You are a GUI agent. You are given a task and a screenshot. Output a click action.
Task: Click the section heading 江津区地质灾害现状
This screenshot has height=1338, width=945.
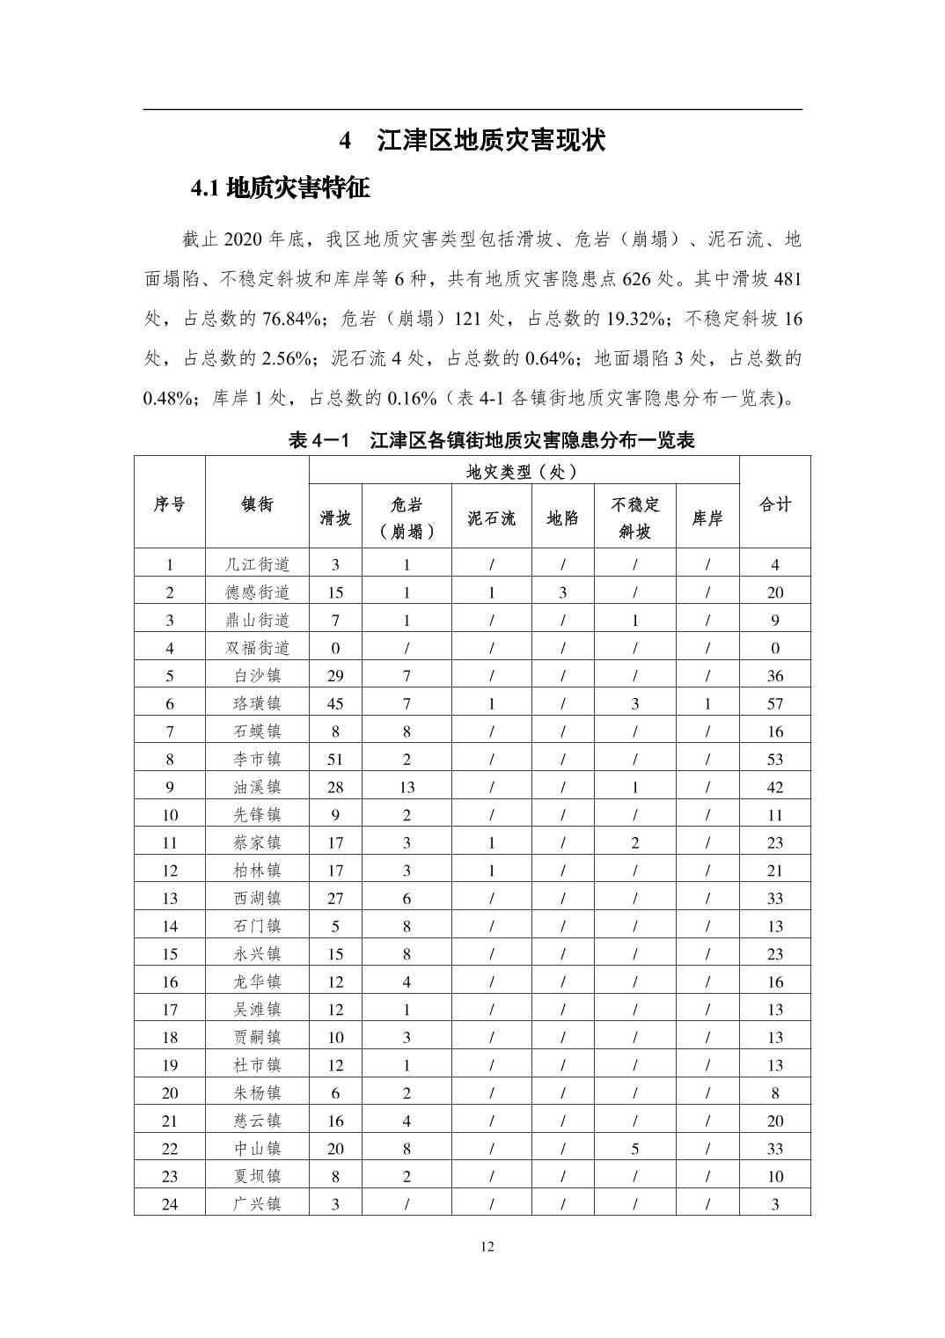(491, 141)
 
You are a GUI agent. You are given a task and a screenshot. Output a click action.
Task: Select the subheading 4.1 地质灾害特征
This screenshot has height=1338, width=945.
(280, 187)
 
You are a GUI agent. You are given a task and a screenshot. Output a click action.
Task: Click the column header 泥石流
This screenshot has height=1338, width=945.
(491, 518)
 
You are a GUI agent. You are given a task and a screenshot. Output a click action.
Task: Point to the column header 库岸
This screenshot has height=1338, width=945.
(707, 518)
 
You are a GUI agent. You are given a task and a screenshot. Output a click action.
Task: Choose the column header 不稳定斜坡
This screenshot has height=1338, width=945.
(634, 518)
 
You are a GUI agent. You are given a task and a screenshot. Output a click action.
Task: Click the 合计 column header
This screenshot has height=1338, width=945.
(774, 504)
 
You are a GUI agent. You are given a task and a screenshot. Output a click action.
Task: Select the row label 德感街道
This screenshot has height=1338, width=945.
(257, 592)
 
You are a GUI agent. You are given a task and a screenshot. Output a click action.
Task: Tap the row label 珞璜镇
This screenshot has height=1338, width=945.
(257, 703)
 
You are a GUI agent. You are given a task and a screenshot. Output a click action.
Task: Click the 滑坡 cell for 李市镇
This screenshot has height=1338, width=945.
(335, 759)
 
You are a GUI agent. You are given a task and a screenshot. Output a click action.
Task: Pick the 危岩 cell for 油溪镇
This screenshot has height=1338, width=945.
(407, 787)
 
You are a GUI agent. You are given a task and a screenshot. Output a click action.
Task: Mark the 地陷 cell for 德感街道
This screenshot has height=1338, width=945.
(562, 592)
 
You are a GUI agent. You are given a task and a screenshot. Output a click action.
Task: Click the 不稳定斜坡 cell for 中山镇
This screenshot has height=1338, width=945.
(634, 1149)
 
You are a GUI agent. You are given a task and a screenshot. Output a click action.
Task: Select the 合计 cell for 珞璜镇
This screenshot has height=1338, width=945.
(774, 703)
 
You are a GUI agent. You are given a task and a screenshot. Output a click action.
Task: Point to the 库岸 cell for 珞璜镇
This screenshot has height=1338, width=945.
(707, 703)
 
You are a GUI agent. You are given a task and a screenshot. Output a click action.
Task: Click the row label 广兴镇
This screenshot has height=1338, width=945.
(257, 1204)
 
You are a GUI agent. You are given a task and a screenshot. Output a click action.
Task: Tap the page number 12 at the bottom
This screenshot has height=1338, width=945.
(487, 1246)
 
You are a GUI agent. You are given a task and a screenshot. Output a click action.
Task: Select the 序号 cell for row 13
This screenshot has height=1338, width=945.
(170, 898)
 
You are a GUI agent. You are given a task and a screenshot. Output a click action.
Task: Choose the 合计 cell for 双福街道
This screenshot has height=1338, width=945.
(774, 648)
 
